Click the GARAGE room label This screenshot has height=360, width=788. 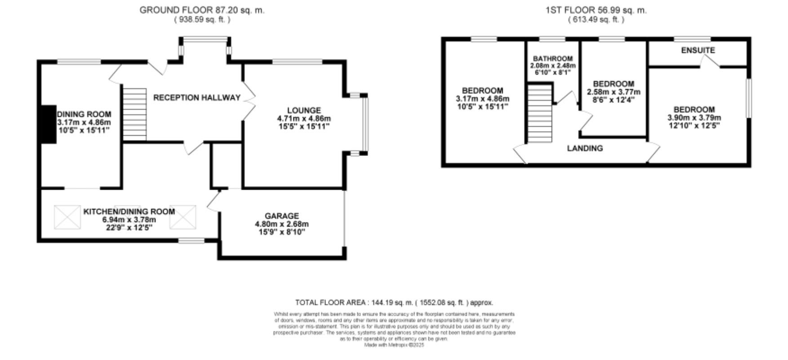pyautogui.click(x=281, y=216)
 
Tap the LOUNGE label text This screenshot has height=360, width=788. pyautogui.click(x=304, y=110)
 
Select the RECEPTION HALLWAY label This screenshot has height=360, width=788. pyautogui.click(x=197, y=98)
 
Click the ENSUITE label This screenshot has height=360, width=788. pyautogui.click(x=698, y=50)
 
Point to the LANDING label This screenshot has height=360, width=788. pyautogui.click(x=584, y=148)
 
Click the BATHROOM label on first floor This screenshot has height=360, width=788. pyautogui.click(x=552, y=58)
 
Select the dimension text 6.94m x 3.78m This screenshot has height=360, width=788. pyautogui.click(x=129, y=219)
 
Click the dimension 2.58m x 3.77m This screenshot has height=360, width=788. pyautogui.click(x=614, y=92)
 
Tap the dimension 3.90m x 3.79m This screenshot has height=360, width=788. pyautogui.click(x=694, y=118)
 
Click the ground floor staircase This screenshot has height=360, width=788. pyautogui.click(x=134, y=114)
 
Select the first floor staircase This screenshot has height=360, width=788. pyautogui.click(x=539, y=114)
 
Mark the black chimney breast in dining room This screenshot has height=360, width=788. pyautogui.click(x=48, y=124)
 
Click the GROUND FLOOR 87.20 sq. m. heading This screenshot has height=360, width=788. pyautogui.click(x=202, y=10)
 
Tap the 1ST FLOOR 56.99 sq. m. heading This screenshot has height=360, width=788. pyautogui.click(x=596, y=10)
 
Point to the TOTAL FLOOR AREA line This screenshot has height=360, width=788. pyautogui.click(x=394, y=302)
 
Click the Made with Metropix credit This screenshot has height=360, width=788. pyautogui.click(x=394, y=345)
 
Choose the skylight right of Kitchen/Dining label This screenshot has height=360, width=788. pyautogui.click(x=183, y=217)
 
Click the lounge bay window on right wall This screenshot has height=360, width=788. pyautogui.click(x=365, y=124)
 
